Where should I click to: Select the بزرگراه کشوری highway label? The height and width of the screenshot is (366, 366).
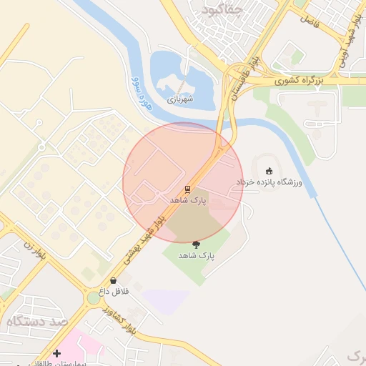click(x=301, y=82)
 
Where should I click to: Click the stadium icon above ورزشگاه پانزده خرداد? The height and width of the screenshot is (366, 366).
click(x=269, y=171)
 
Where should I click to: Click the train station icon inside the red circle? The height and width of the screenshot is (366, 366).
click(x=187, y=189)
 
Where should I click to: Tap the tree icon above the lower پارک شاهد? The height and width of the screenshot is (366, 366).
click(x=197, y=244)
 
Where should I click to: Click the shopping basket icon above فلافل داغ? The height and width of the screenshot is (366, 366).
click(x=114, y=281)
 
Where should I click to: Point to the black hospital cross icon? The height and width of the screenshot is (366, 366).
click(x=56, y=353)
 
